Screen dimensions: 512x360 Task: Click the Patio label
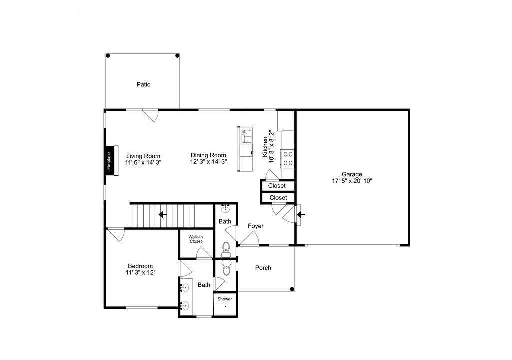tap(143, 84)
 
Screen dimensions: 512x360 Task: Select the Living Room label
tap(143, 156)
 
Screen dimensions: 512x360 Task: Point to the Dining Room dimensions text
tap(209, 161)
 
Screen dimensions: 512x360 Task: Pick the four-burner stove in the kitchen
tap(288, 159)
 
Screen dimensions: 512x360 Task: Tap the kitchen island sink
tap(246, 135)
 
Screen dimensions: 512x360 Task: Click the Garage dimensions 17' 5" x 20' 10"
tap(352, 181)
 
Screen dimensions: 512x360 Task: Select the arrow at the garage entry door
tap(300, 215)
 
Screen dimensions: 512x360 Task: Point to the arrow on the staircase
tap(162, 215)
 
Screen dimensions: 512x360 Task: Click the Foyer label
tap(255, 226)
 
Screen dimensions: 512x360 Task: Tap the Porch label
tap(263, 268)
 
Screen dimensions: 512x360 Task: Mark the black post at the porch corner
tap(292, 289)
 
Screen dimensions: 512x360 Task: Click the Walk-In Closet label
tap(196, 239)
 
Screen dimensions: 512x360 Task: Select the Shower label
tap(225, 299)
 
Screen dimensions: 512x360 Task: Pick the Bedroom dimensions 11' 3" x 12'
tap(140, 273)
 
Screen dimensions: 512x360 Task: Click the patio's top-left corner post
tap(108, 56)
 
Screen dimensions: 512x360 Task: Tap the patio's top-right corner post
tap(177, 56)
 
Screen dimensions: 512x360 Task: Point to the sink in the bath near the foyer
tap(225, 208)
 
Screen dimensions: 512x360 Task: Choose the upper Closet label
tap(277, 186)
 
